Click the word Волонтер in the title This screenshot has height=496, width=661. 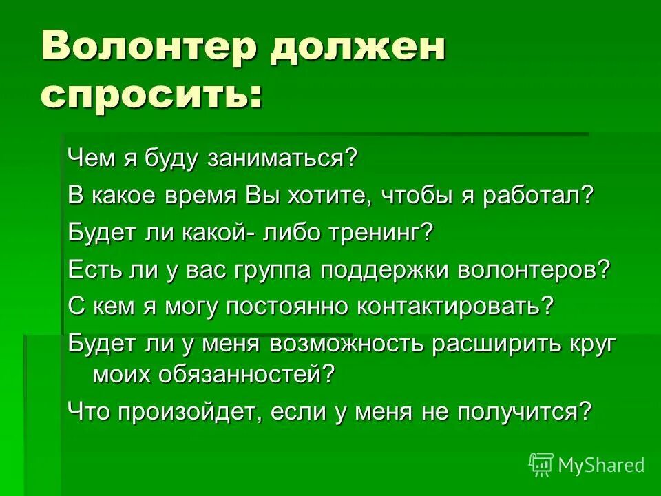(x=147, y=49)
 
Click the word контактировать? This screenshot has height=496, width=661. (x=455, y=306)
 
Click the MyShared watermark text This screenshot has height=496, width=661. (x=601, y=466)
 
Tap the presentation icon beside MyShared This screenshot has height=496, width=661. (x=541, y=464)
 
